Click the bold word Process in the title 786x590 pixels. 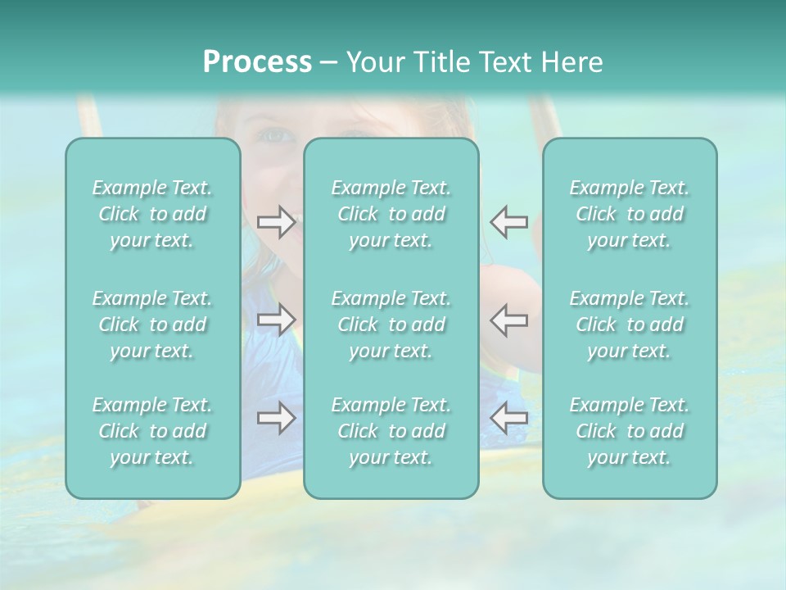tap(257, 61)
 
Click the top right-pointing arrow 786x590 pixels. tap(276, 222)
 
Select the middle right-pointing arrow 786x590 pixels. tap(276, 320)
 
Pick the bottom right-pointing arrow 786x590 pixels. tap(276, 418)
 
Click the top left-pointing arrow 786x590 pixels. tap(508, 222)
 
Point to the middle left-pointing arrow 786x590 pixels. tap(508, 320)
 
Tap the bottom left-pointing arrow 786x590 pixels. tap(508, 418)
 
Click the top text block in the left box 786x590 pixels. tap(152, 214)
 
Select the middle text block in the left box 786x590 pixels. tap(152, 324)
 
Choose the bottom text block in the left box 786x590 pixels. tap(152, 431)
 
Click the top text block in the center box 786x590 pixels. tap(391, 214)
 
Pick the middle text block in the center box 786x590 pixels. tap(391, 324)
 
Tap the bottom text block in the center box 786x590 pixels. tap(391, 431)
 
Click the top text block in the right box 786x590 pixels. tap(630, 214)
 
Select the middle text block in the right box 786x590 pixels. tap(630, 324)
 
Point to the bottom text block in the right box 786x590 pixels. tap(630, 431)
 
